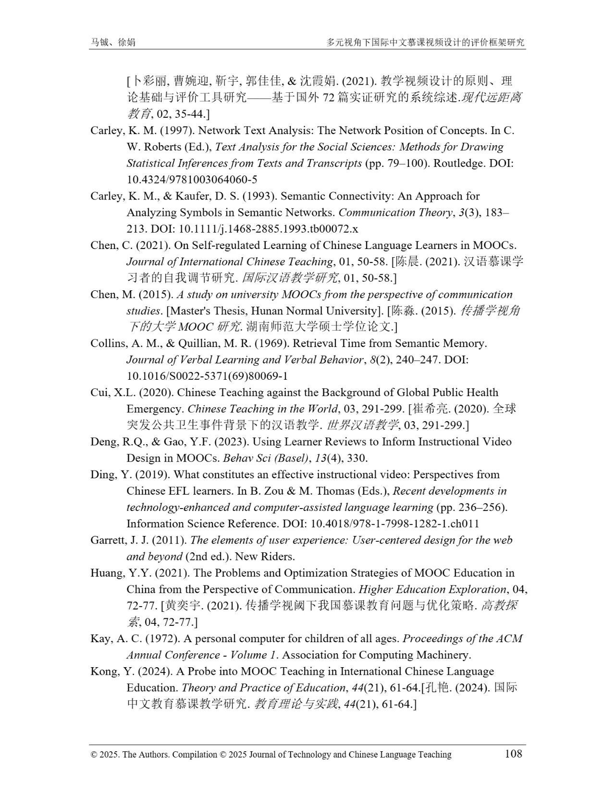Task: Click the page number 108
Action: [x=513, y=753]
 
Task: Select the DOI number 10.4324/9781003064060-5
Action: [x=192, y=180]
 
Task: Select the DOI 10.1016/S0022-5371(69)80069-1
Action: [x=207, y=376]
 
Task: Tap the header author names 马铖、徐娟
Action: [x=113, y=42]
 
